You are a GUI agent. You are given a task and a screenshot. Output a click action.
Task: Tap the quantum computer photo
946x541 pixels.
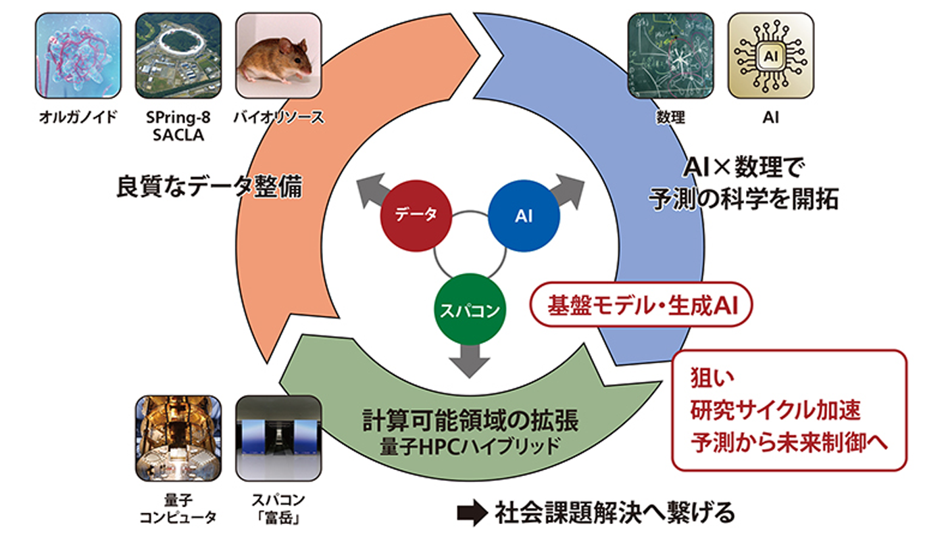point(178,438)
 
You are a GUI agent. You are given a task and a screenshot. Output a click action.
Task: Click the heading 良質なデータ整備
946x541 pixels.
point(209,187)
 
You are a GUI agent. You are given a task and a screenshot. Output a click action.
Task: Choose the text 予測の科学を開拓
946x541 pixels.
point(743,200)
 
